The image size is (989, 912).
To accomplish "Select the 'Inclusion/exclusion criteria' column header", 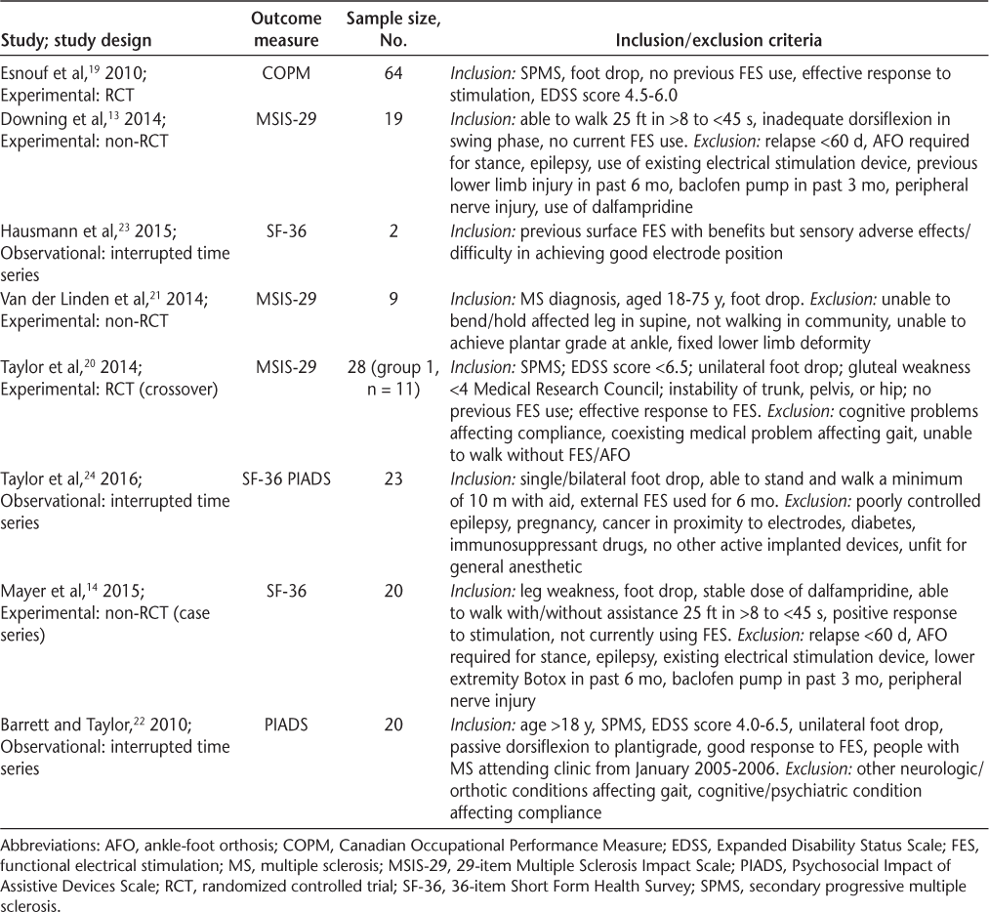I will click(x=718, y=41).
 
